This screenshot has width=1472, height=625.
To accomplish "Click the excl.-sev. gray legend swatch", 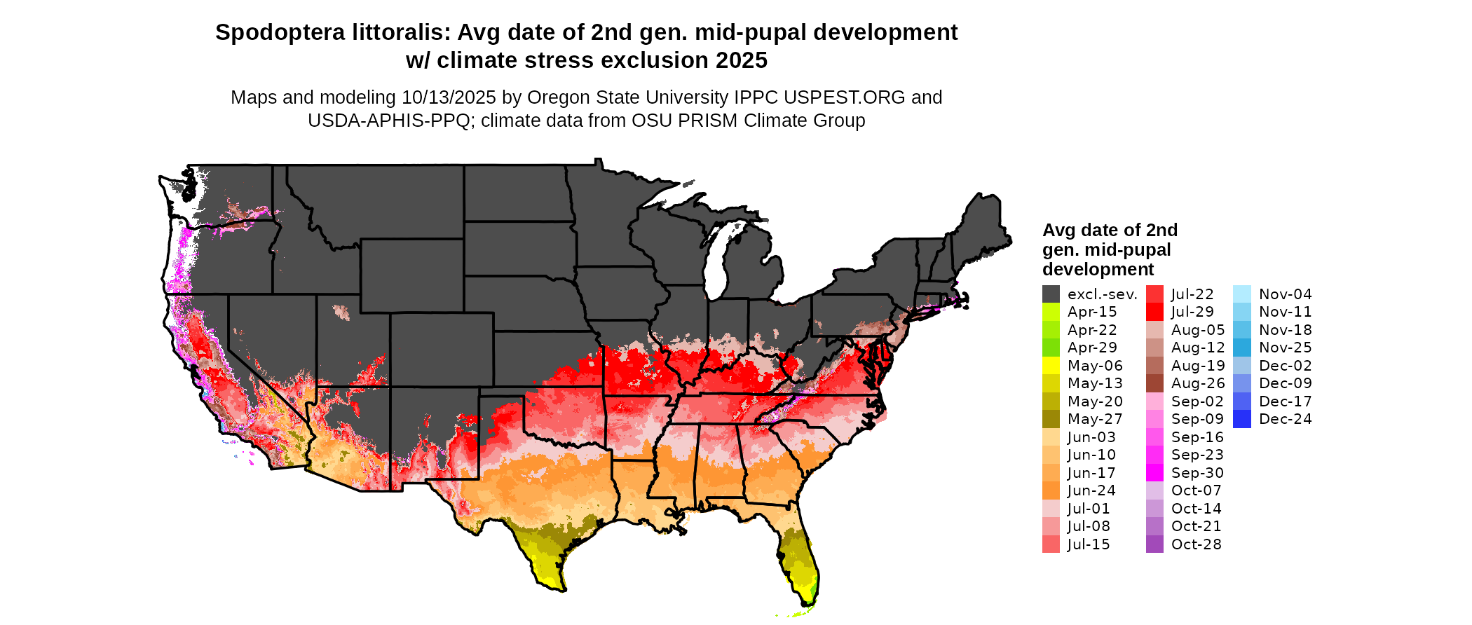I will click(1051, 294).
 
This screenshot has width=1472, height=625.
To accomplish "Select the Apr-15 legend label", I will click(1091, 312).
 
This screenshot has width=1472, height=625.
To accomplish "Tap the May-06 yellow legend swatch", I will click(1051, 366).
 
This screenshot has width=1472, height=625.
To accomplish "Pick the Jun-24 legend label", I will click(1091, 490).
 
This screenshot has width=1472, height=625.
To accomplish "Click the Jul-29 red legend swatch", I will click(1154, 312).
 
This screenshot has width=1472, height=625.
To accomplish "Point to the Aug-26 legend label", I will click(1198, 383).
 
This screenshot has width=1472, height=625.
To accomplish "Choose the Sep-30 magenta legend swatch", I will click(1154, 473).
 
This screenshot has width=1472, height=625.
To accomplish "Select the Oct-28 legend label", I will click(1196, 544).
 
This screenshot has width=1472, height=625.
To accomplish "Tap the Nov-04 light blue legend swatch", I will click(1241, 294).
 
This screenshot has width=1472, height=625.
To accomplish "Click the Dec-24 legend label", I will click(1285, 419).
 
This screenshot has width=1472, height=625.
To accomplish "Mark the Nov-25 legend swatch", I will click(1241, 348).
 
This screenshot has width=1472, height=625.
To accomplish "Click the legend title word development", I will click(1098, 270).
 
